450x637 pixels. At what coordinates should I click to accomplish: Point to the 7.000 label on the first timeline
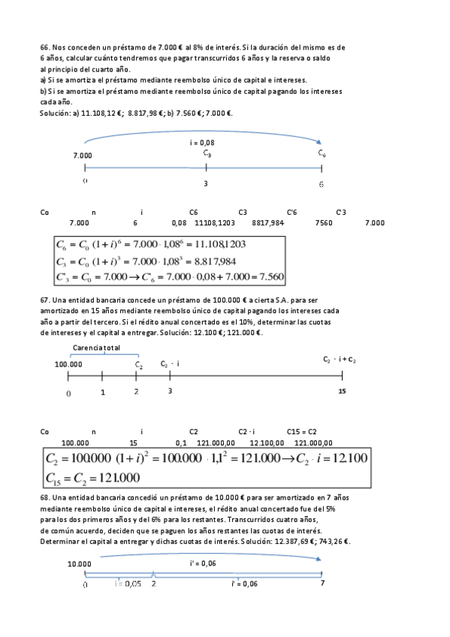point(83,155)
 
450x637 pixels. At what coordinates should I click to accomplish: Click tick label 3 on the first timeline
point(206,183)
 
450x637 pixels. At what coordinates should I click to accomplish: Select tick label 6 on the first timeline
point(321,183)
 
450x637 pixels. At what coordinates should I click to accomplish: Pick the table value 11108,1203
point(215,222)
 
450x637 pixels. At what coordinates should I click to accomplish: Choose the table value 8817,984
point(268,222)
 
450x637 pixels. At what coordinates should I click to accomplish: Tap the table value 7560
point(325,222)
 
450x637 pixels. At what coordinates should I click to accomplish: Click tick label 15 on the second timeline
point(342,391)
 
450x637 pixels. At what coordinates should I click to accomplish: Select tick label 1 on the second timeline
point(102,391)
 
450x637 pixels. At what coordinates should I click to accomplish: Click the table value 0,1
point(180,442)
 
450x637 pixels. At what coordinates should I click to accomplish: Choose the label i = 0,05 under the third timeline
point(128,583)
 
